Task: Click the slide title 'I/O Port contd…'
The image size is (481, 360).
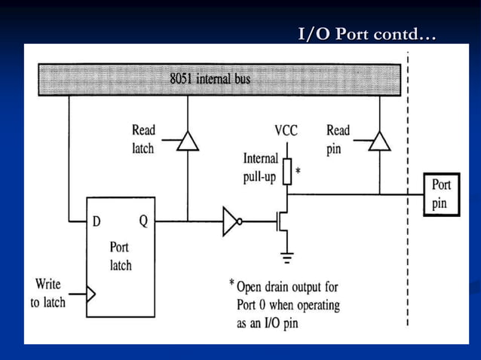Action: point(367,35)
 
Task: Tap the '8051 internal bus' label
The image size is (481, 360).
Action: point(210,79)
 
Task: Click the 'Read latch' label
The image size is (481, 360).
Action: point(144,139)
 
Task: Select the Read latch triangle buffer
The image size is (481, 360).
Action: point(187,141)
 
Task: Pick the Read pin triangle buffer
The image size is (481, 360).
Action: point(380,141)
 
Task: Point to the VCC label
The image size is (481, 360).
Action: point(286,131)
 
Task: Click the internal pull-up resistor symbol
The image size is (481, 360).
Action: point(286,172)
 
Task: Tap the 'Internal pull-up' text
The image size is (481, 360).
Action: point(260,172)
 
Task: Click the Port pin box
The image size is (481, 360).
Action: point(441,194)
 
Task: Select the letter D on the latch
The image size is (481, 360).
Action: point(97,221)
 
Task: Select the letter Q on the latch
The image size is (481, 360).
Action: point(142,221)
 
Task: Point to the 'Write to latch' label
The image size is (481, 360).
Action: point(48,293)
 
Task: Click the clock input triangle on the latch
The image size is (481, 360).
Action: point(90,293)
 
